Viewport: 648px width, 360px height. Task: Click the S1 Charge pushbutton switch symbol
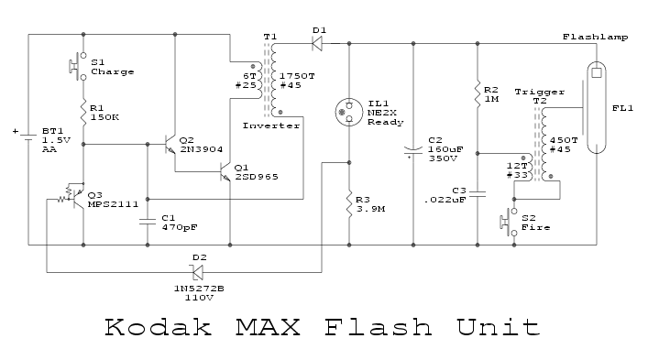click(79, 66)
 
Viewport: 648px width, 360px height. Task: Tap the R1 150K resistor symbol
click(83, 112)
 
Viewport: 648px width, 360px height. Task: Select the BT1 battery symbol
click(27, 137)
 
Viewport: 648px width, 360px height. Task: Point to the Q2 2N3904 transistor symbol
click(170, 145)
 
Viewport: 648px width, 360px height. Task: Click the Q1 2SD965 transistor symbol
click(225, 171)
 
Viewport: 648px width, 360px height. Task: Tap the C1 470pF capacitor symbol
click(148, 222)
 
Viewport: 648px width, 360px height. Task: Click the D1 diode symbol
click(317, 43)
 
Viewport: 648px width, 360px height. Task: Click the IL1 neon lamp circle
click(349, 112)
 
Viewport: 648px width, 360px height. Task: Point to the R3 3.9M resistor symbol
click(349, 202)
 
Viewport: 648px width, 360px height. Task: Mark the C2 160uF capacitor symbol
click(413, 151)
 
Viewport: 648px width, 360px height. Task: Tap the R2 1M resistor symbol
click(478, 94)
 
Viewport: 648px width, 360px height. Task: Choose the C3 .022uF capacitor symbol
click(478, 194)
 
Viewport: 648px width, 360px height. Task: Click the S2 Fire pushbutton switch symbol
click(510, 222)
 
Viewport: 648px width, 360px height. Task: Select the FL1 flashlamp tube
click(597, 107)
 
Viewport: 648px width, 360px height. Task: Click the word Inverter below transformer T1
click(271, 125)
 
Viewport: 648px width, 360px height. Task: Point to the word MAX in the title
click(268, 327)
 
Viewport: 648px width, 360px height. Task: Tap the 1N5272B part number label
click(199, 289)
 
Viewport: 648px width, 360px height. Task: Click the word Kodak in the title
click(158, 327)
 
